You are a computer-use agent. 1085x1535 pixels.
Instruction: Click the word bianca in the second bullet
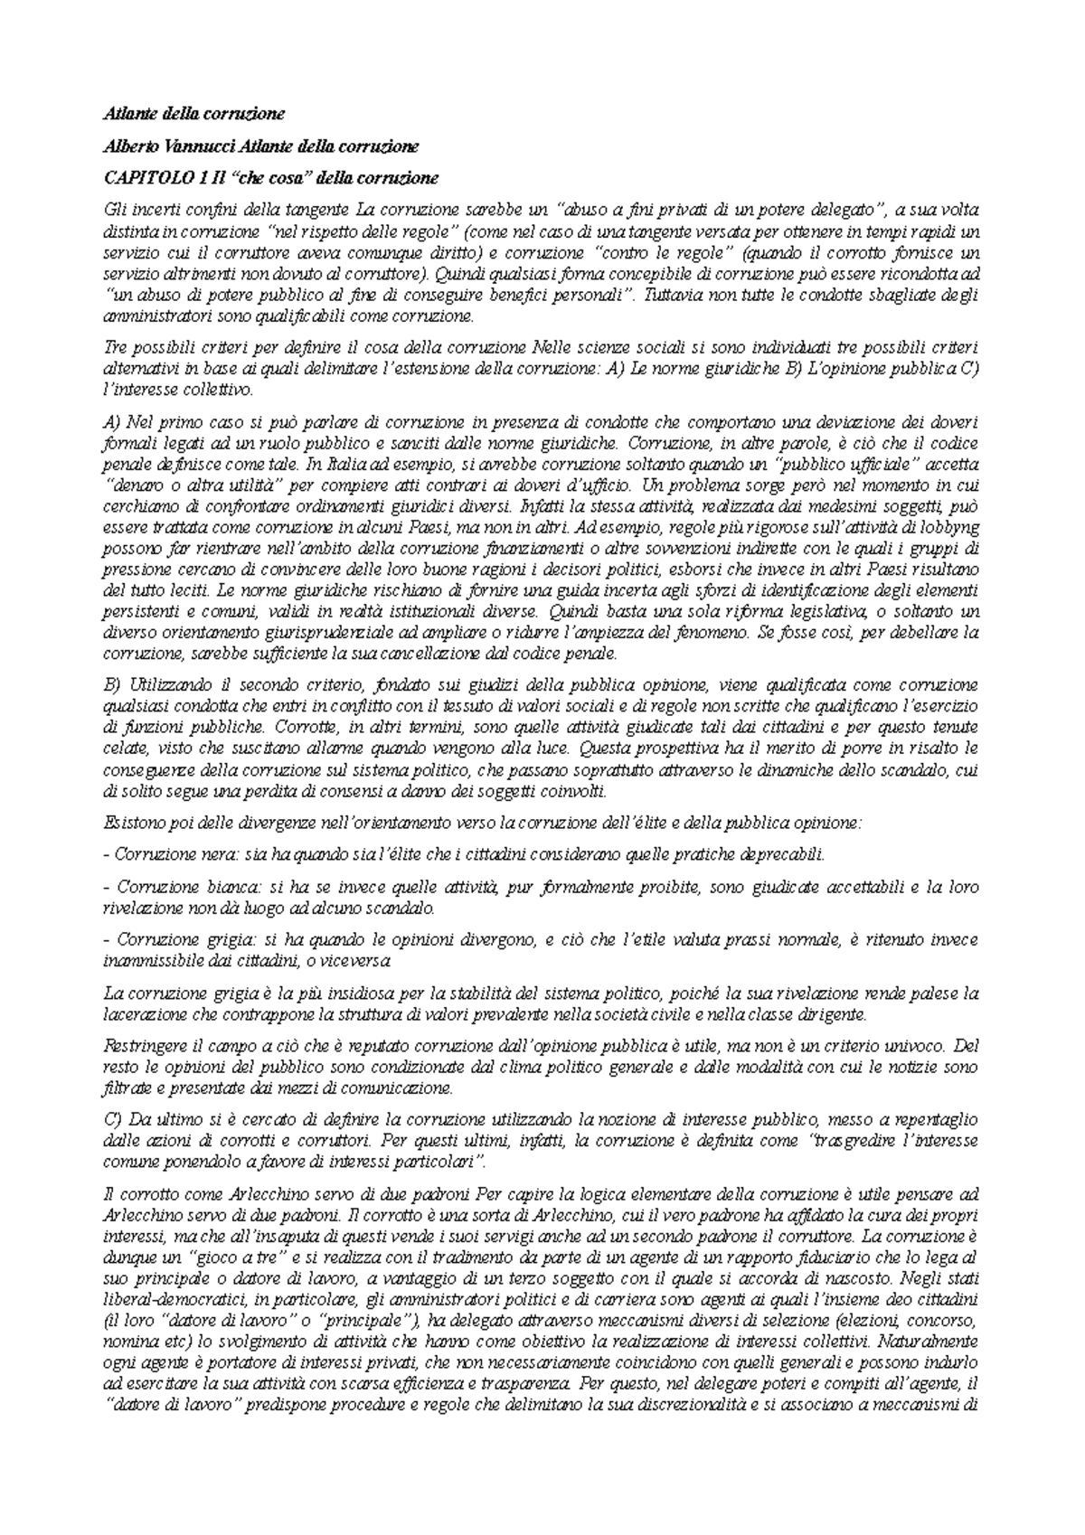215,888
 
